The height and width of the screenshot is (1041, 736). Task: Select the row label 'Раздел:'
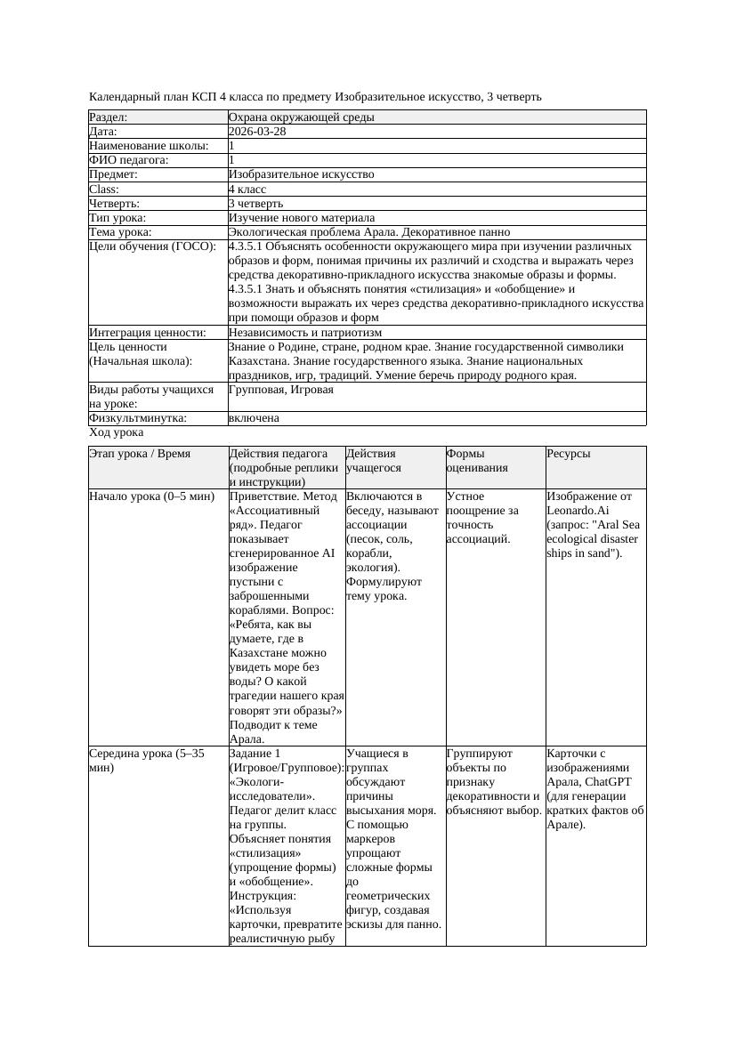tap(109, 117)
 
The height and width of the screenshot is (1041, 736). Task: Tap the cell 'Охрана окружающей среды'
tap(301, 117)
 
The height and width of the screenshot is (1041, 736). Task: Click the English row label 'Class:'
tap(104, 190)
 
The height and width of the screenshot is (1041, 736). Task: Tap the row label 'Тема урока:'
tap(120, 232)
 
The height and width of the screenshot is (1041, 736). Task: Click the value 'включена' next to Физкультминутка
tap(254, 418)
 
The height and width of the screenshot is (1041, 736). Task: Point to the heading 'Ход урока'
tap(117, 432)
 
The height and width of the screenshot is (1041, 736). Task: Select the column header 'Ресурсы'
tap(569, 454)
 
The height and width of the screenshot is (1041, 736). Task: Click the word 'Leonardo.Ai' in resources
tap(579, 511)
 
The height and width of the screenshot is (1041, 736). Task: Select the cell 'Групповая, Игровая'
tap(281, 390)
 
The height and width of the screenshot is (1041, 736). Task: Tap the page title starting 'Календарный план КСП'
tap(315, 96)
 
